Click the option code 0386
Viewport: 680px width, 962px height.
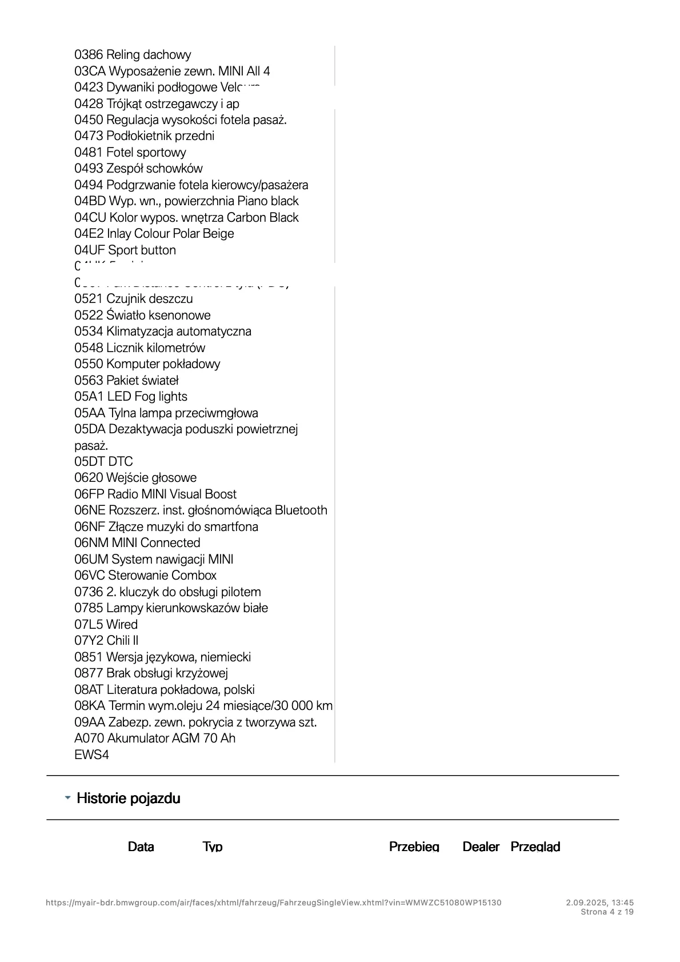89,55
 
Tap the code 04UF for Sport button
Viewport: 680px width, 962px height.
89,250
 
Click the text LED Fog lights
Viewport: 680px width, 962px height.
147,397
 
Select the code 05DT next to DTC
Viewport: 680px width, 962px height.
89,462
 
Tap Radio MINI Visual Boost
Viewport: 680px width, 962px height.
172,494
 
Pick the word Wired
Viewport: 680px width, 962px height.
122,625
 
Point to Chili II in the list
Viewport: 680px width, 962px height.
122,641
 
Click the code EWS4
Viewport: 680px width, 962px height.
91,755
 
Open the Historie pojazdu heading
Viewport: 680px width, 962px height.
129,799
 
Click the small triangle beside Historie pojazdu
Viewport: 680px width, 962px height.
68,797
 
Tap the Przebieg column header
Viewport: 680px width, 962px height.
414,847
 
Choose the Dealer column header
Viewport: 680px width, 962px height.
481,847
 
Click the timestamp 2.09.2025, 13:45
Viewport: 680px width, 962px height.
600,903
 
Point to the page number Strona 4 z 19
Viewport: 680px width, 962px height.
607,912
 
